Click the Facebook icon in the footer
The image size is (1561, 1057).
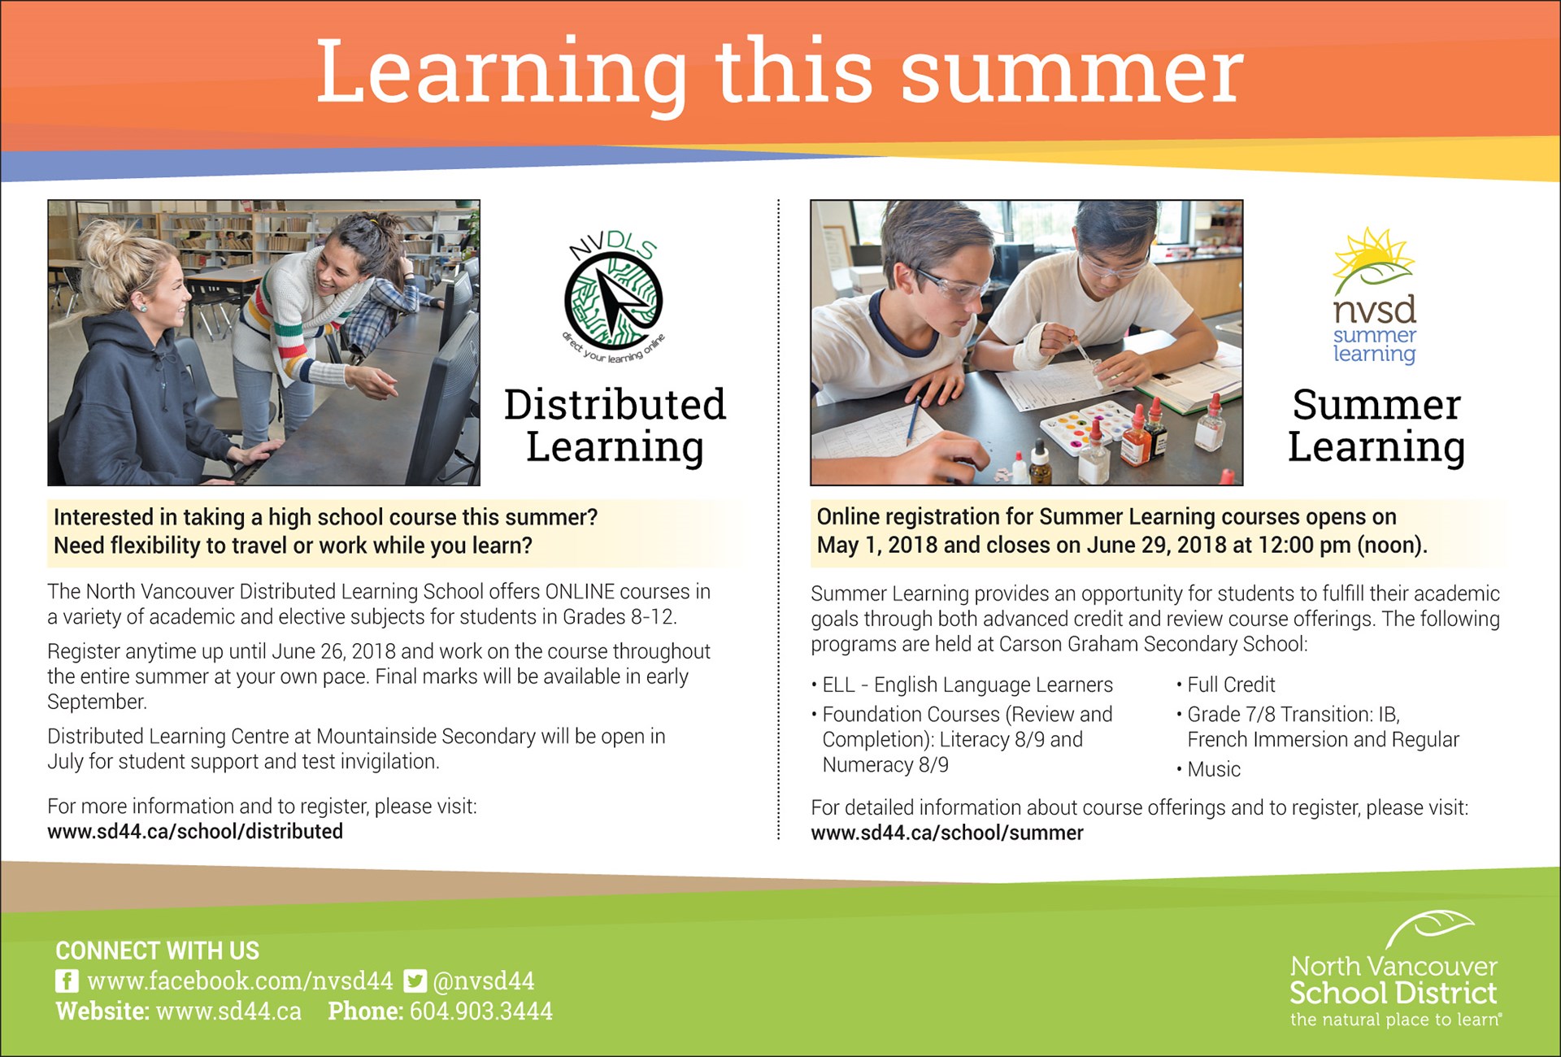coord(67,981)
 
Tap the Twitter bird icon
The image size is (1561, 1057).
coord(415,981)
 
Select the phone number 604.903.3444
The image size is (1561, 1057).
coord(481,1011)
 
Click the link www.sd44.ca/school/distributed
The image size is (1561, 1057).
coord(195,832)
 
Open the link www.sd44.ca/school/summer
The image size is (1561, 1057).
coord(947,833)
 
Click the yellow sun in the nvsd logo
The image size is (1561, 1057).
coord(1373,254)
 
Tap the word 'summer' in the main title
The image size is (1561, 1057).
coord(1072,72)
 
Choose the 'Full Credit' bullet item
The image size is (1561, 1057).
coord(1225,685)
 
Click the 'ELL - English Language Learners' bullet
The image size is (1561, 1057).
coord(962,685)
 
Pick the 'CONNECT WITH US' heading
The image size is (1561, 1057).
coord(157,950)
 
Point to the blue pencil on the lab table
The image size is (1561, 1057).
coord(915,419)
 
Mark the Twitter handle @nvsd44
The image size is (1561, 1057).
coord(484,981)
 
